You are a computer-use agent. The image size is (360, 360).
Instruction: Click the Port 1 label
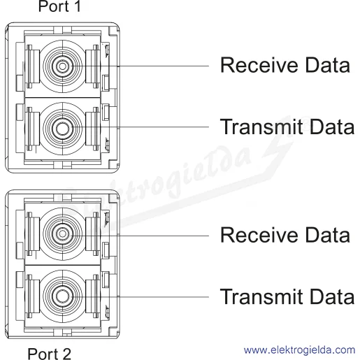point(59,6)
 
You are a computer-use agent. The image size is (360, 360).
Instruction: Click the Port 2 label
point(49,354)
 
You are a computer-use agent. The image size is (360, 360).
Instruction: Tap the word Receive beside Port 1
point(259,65)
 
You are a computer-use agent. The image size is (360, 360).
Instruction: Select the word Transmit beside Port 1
point(261,127)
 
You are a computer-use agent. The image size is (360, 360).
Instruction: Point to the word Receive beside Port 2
point(259,235)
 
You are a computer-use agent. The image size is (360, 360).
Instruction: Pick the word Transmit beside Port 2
point(261,296)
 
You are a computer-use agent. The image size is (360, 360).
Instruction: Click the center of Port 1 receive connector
point(62,66)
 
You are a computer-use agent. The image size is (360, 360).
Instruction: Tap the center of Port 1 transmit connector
point(62,129)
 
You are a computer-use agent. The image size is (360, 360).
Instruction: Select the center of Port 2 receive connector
point(62,233)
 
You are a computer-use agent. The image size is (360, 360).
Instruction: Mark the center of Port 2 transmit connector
point(62,296)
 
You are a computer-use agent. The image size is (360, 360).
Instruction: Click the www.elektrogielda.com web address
point(299,350)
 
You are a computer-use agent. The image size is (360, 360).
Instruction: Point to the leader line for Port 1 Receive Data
point(141,66)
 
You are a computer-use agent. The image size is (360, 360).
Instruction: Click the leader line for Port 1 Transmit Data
point(141,127)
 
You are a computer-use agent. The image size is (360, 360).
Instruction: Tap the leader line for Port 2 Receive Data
point(141,236)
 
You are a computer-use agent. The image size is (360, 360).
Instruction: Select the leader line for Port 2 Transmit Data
point(141,297)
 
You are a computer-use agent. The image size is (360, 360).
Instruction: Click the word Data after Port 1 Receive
point(328,65)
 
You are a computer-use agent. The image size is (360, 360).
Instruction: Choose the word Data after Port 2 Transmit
point(332,296)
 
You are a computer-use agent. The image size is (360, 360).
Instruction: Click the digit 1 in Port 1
point(77,6)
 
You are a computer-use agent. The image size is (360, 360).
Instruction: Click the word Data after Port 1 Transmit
point(332,127)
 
